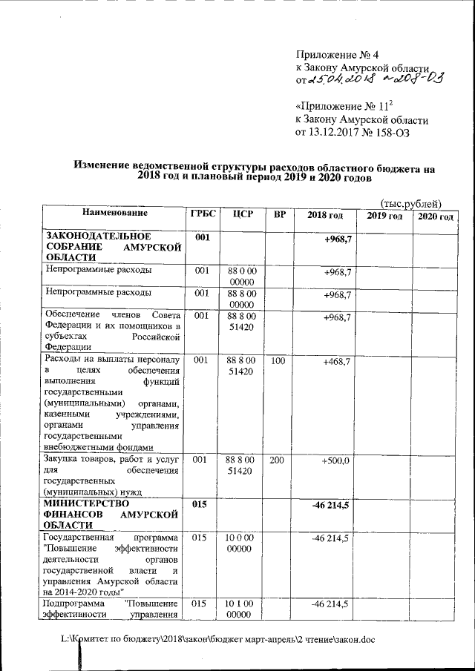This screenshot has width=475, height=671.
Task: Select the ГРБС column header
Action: coord(203,214)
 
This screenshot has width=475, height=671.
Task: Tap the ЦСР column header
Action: coord(243,214)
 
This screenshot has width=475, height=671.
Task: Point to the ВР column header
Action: coord(279,214)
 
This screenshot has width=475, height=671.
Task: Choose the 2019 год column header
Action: coord(384,216)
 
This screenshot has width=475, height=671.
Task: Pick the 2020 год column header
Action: coord(434,216)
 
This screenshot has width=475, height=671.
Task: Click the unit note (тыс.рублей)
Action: coord(410,203)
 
